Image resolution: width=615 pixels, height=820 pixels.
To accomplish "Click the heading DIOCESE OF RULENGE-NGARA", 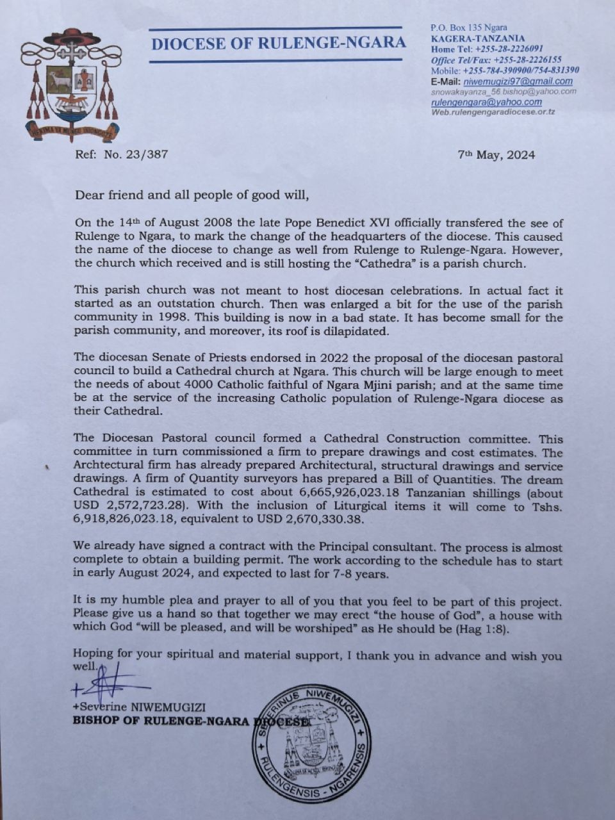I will click(279, 44).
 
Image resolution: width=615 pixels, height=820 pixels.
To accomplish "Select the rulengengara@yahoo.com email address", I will click(486, 102).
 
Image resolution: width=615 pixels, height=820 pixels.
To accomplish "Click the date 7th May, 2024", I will click(496, 154).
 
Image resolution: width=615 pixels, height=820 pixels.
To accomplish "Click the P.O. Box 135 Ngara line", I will click(469, 27).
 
